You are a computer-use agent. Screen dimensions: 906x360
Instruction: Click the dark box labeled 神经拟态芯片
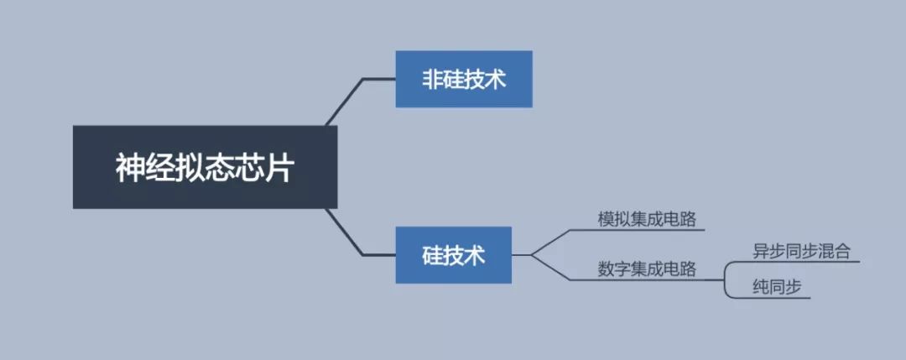pyautogui.click(x=205, y=167)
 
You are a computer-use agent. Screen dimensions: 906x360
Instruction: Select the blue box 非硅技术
pyautogui.click(x=463, y=79)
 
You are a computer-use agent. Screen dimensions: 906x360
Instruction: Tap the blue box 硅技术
pyautogui.click(x=453, y=254)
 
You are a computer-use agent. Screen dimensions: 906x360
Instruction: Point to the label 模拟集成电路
pyautogui.click(x=639, y=218)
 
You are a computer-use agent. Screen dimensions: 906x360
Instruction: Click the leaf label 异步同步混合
pyautogui.click(x=801, y=251)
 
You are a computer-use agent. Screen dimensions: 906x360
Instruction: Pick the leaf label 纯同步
pyautogui.click(x=778, y=287)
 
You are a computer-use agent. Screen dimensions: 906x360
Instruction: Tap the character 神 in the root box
pyautogui.click(x=131, y=168)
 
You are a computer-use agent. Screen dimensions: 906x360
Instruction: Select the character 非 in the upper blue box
pyautogui.click(x=432, y=80)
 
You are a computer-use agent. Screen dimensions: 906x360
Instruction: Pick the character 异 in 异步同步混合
pyautogui.click(x=761, y=251)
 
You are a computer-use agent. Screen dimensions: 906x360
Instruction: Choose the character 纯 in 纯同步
pyautogui.click(x=761, y=287)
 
